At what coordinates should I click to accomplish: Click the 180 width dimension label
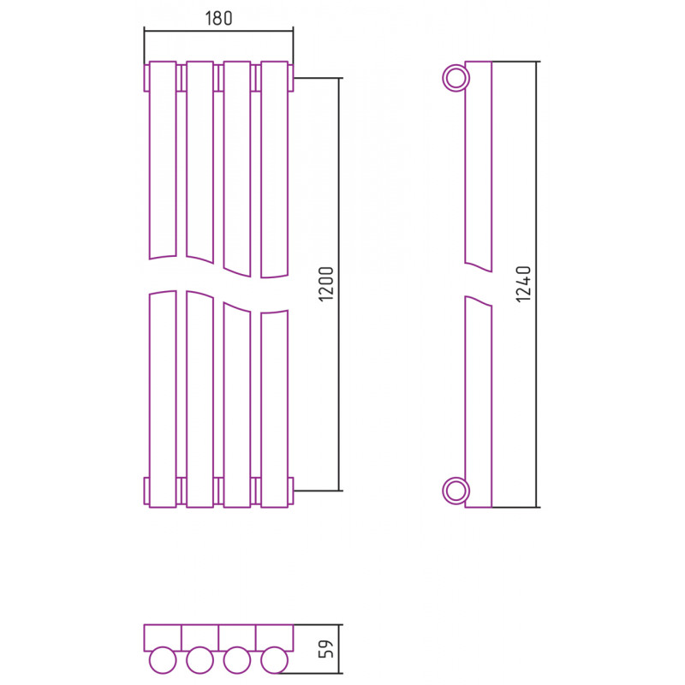218,18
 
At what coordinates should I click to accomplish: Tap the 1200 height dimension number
326,283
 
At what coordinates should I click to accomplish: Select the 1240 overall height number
523,284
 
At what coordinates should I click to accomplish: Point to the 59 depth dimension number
326,649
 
